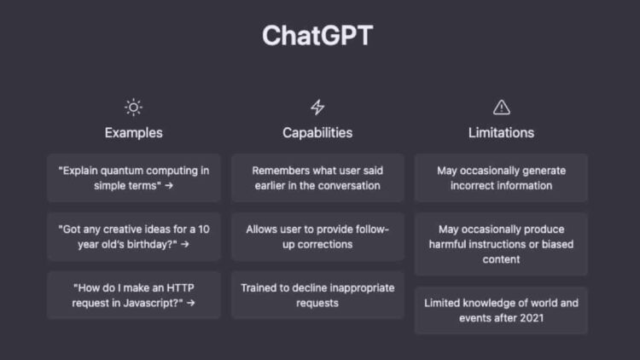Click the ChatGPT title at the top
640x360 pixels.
(317, 36)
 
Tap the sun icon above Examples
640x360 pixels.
(133, 107)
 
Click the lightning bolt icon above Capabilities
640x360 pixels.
(317, 107)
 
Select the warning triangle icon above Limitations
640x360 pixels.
(502, 107)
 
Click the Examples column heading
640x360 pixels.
(133, 133)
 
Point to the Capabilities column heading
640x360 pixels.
(317, 133)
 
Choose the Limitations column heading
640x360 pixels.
(502, 133)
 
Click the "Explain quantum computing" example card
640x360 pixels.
(133, 177)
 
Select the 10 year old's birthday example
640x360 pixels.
(133, 236)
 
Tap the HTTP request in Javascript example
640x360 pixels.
(133, 295)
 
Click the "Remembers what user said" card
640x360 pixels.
(317, 177)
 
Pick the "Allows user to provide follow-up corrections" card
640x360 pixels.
(317, 236)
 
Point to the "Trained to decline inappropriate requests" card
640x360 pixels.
(317, 295)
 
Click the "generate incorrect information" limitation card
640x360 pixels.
(502, 177)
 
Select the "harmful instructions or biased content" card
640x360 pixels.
(502, 244)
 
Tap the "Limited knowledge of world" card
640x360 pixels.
(502, 311)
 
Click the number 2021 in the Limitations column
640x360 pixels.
(535, 318)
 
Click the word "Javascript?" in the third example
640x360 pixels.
(147, 303)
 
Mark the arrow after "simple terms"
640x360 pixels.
(169, 186)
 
